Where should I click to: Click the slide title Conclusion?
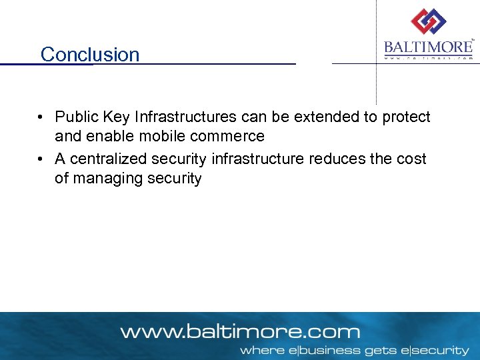click(90, 54)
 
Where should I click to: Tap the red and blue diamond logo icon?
click(428, 22)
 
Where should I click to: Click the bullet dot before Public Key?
click(41, 118)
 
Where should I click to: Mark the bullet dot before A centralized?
click(41, 159)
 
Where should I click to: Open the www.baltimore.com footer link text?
click(240, 331)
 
